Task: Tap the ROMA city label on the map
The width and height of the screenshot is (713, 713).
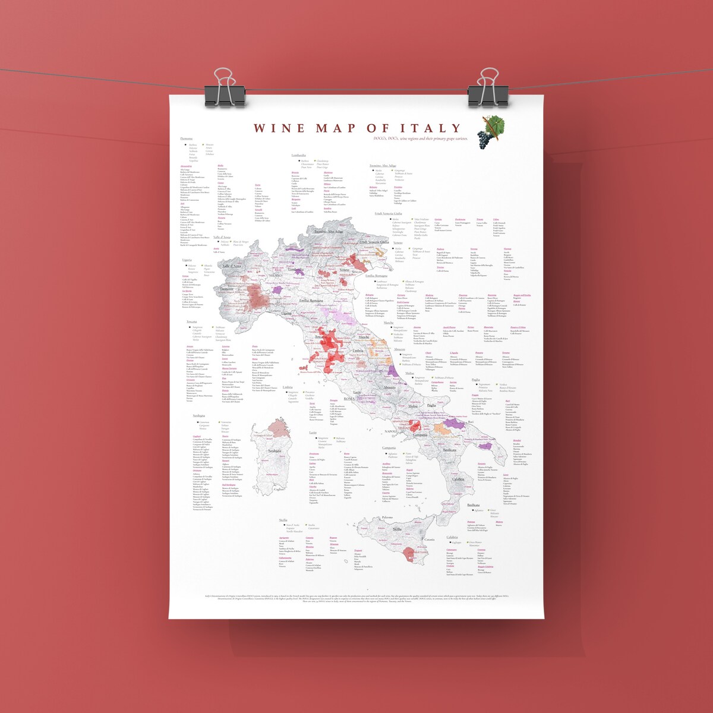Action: [x=349, y=399]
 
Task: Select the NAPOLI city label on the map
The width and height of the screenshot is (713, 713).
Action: [x=390, y=431]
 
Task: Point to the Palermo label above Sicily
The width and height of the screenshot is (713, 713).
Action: [x=387, y=518]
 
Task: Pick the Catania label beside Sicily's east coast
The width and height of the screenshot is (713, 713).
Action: [x=429, y=540]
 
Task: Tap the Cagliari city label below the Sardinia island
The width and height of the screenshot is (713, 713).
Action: [x=279, y=489]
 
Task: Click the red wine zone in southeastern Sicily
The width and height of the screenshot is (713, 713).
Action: [x=410, y=555]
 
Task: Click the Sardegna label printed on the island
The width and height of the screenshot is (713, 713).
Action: [x=275, y=451]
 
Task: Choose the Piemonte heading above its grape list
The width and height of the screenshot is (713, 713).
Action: [x=187, y=138]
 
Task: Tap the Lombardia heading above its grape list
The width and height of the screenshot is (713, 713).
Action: [x=298, y=155]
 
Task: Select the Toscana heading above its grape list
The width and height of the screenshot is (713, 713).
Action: [x=191, y=321]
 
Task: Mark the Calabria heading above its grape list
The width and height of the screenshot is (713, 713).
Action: [x=453, y=537]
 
